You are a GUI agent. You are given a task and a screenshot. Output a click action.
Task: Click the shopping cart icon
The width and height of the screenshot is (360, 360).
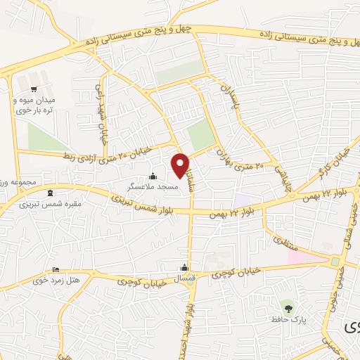tap(34, 89)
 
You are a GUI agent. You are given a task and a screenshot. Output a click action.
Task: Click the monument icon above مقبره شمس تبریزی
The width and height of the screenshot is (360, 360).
tap(49, 193)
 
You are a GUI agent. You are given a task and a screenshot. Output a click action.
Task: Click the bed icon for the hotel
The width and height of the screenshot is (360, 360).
tap(56, 270)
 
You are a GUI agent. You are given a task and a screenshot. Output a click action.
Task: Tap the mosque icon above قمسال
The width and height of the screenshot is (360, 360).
tap(185, 267)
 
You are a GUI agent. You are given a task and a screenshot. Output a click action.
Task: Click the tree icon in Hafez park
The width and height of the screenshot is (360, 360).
tap(286, 307)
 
